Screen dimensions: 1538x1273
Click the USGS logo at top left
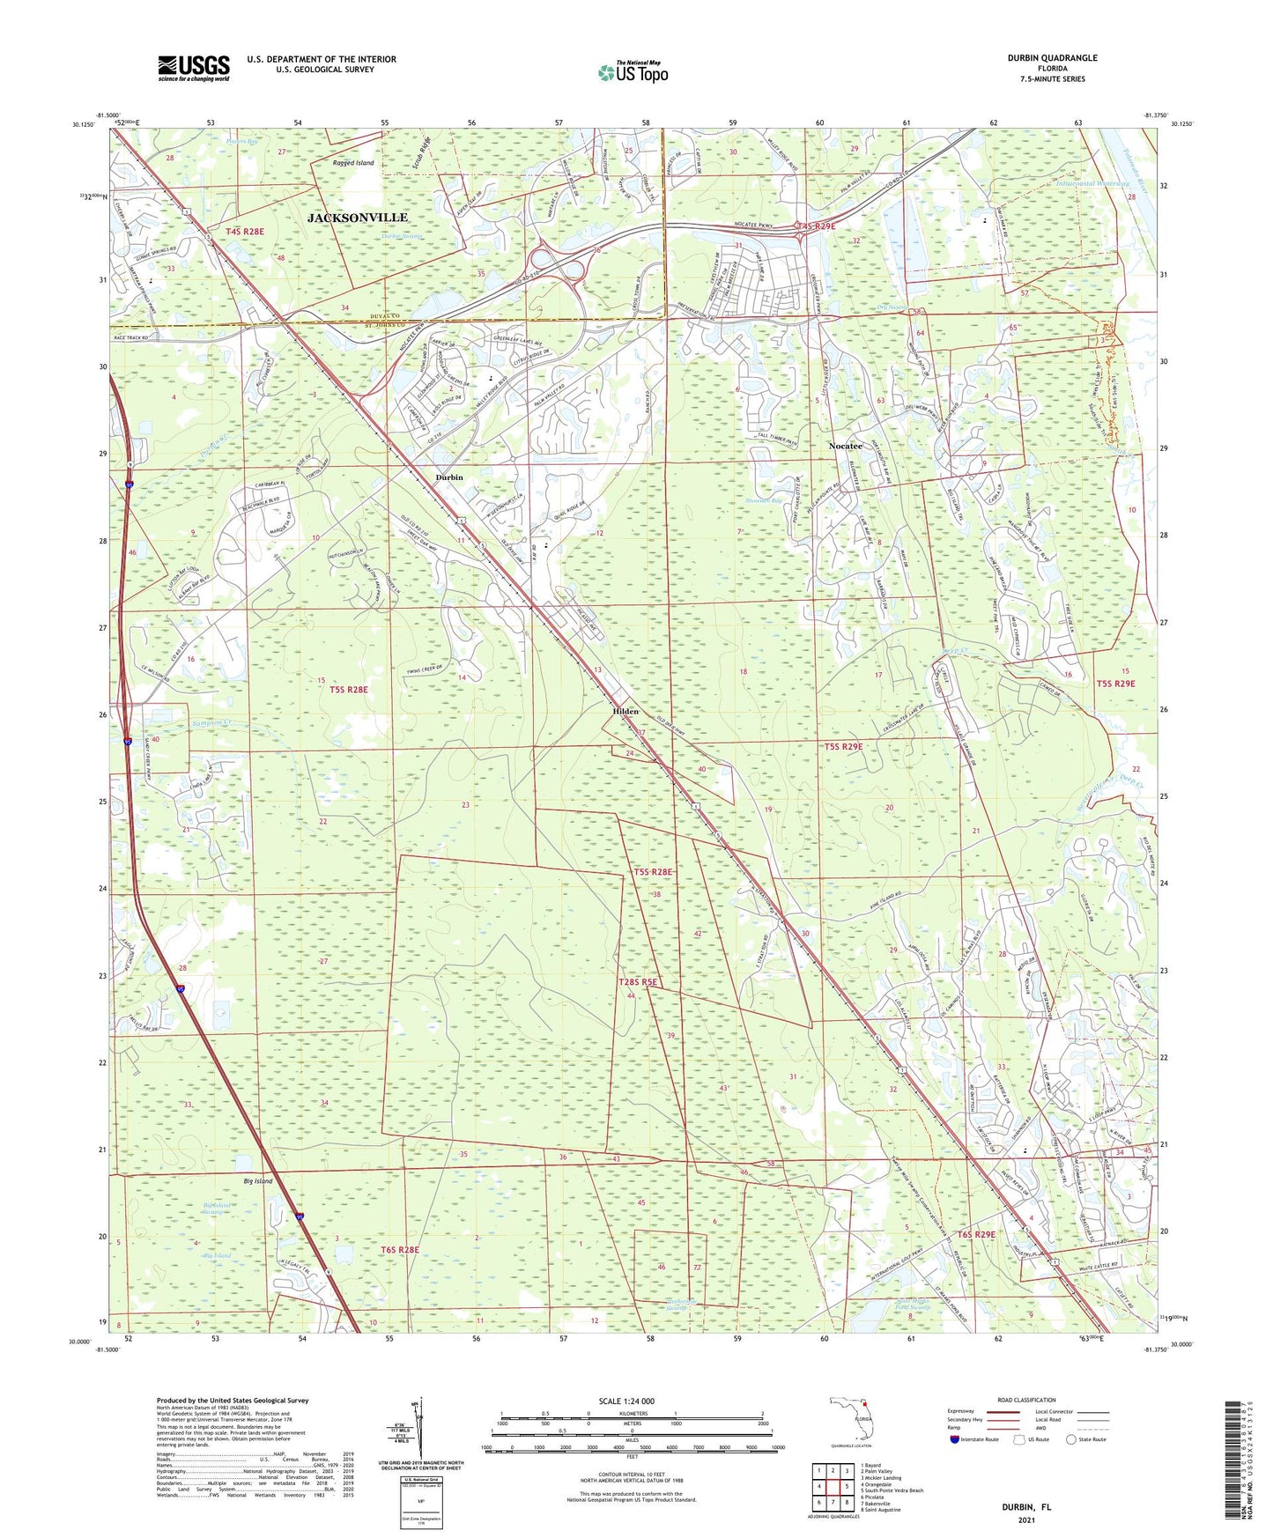(x=194, y=68)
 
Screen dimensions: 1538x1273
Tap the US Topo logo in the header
(x=633, y=72)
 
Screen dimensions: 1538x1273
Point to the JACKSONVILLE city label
(x=358, y=218)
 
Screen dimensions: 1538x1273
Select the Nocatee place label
(x=846, y=447)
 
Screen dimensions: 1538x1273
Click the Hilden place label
(x=625, y=712)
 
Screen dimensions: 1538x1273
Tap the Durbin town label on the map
(x=449, y=477)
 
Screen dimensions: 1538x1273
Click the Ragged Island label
(x=353, y=163)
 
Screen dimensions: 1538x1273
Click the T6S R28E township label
(x=400, y=1250)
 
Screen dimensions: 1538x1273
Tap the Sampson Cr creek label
(x=211, y=722)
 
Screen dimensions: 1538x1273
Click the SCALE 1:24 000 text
(x=626, y=1401)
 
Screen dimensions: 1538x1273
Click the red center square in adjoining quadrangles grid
(x=837, y=1487)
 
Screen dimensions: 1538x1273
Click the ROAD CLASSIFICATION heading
(x=1026, y=1400)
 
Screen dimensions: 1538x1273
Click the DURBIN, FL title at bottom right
(x=1026, y=1507)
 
